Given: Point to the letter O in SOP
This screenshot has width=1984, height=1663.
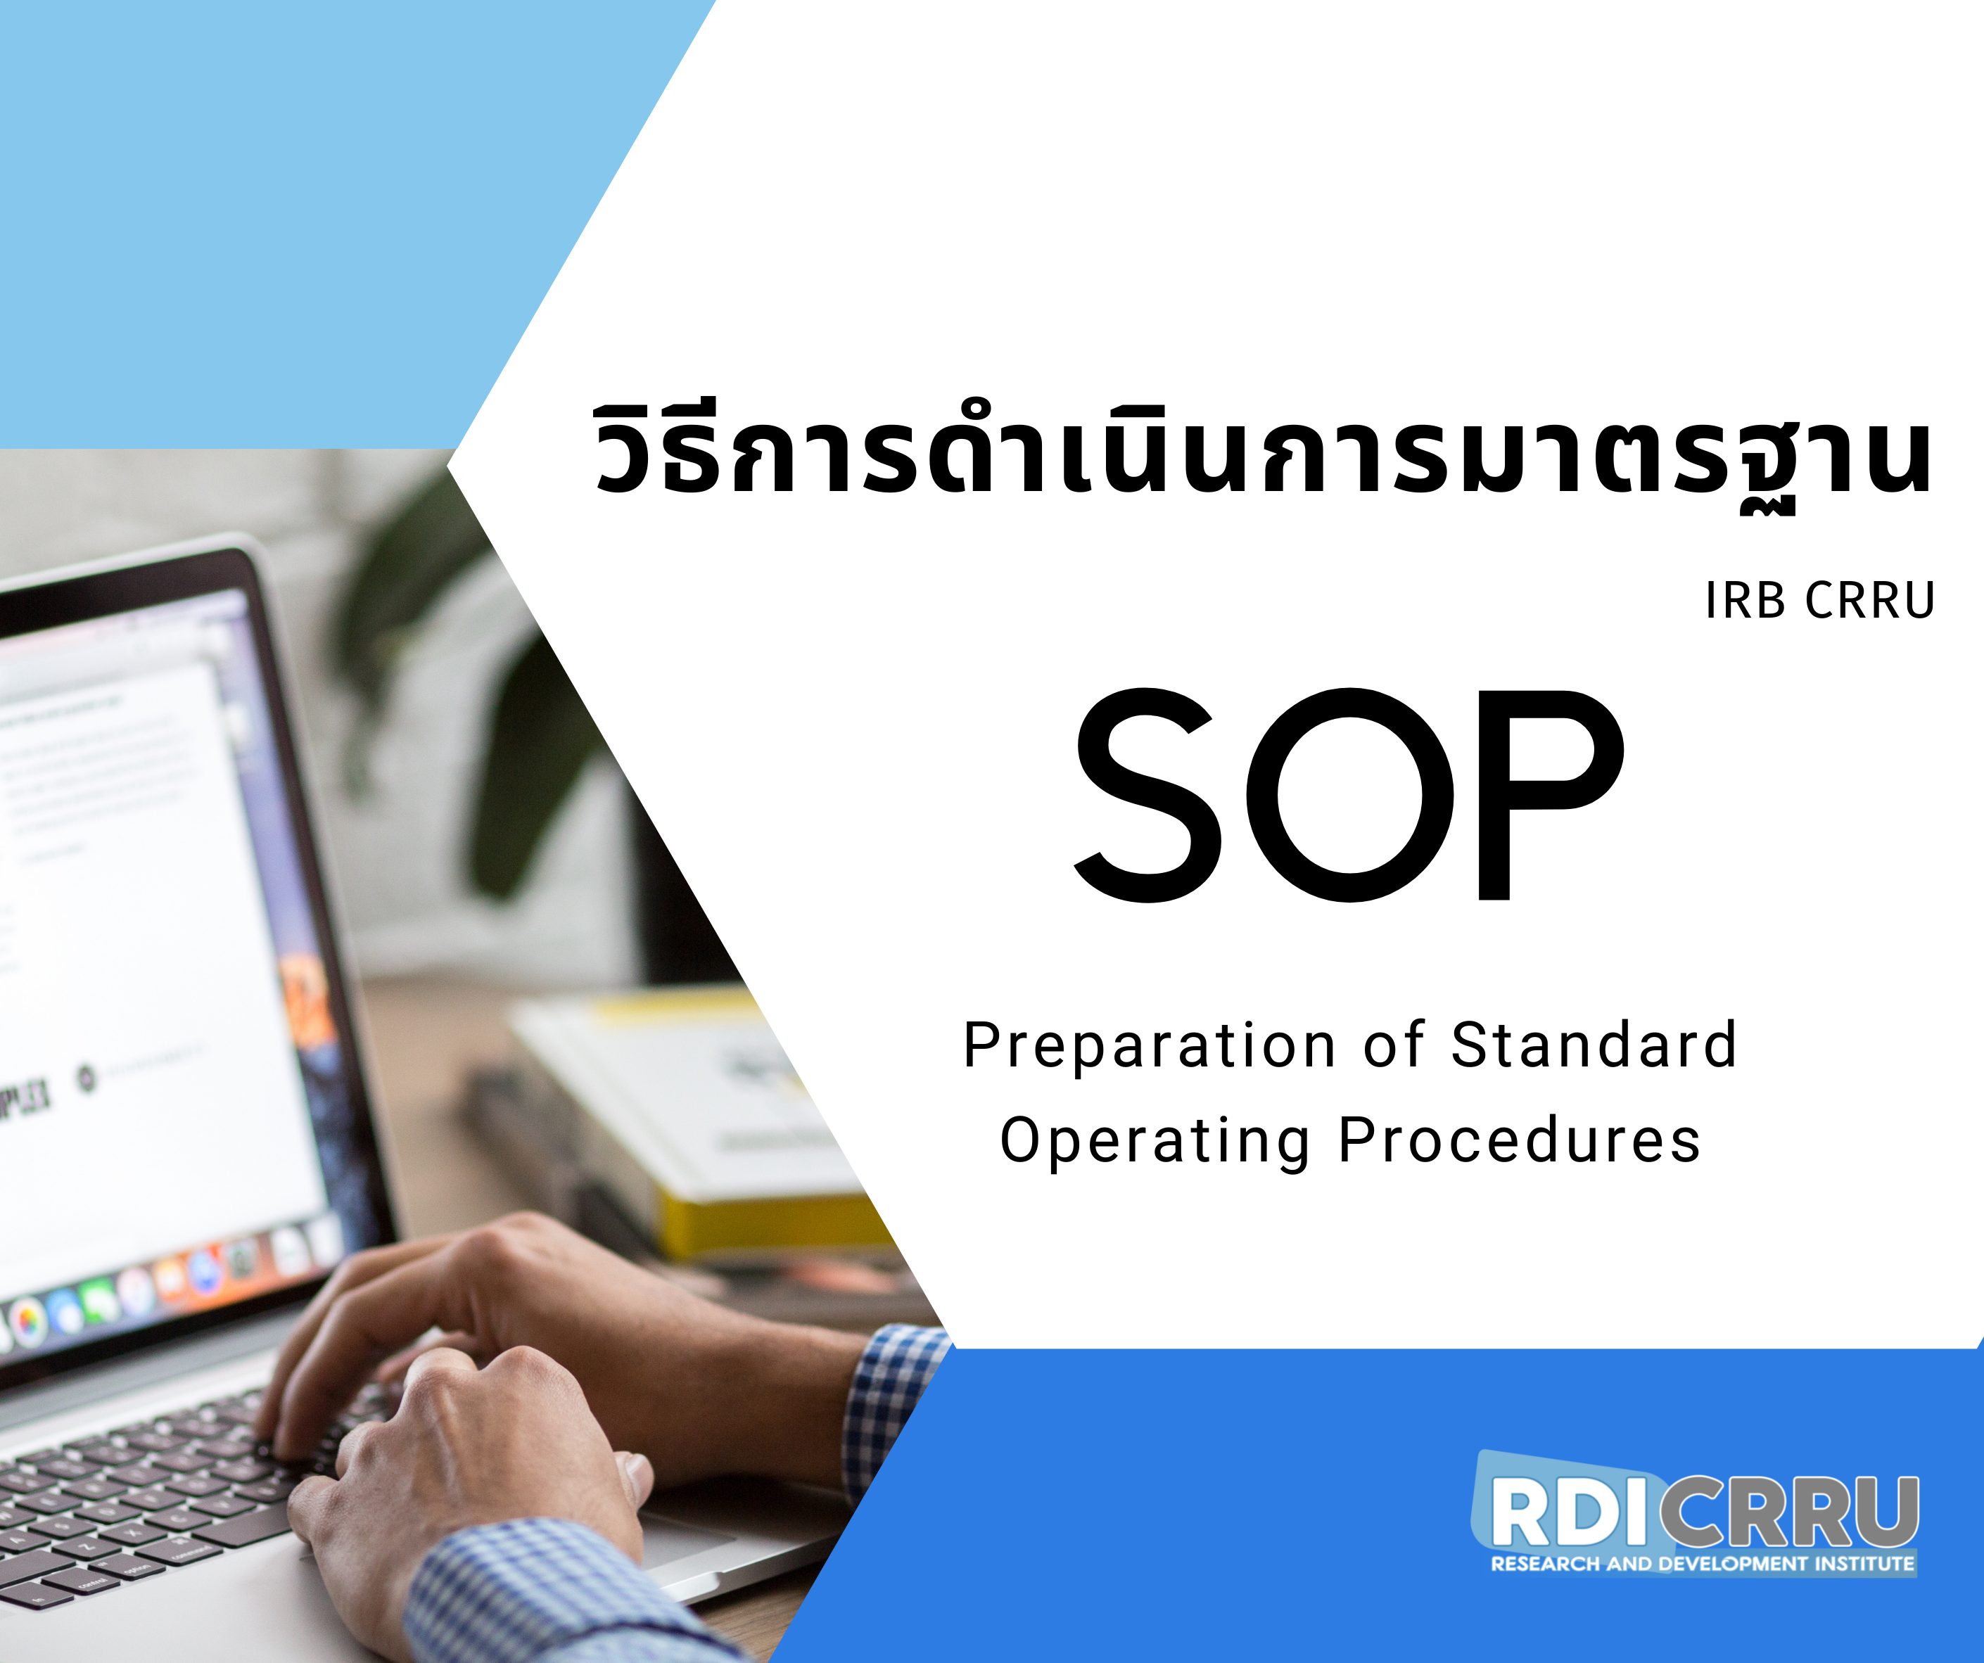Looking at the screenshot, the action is [x=1350, y=795].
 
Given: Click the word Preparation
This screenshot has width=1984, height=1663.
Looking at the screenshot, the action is [x=1149, y=1047].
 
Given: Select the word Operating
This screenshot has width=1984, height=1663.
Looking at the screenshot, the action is [x=1155, y=1142].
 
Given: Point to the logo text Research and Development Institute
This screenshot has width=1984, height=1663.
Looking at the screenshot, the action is [x=1703, y=1564].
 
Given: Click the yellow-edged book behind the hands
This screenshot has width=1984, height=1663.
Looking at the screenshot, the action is [x=699, y=1124].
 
